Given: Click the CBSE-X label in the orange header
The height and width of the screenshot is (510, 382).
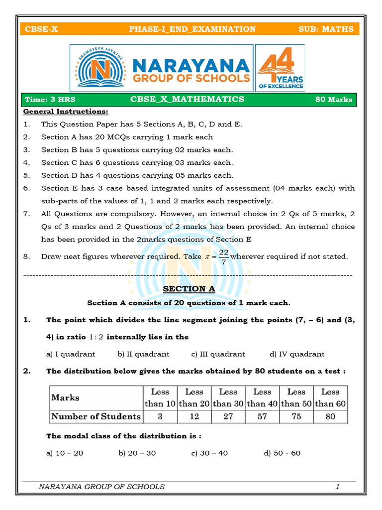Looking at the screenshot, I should [x=41, y=29].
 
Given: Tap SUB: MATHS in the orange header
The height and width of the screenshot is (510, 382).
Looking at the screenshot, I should [x=326, y=29].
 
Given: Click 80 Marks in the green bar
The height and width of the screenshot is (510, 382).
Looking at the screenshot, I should [x=334, y=99].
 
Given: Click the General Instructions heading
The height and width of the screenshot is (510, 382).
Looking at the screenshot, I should [x=66, y=112].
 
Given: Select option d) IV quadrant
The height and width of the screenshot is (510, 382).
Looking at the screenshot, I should [x=297, y=354].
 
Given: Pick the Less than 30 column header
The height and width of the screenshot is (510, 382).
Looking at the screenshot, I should [x=228, y=397].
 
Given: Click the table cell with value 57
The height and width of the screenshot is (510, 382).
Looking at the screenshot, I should [x=262, y=416].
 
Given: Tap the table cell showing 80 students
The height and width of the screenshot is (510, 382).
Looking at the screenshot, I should [x=330, y=416].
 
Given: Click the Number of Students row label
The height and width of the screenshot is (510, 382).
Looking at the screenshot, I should [x=96, y=416].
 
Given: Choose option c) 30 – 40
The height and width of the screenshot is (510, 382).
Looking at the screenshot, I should [x=209, y=453].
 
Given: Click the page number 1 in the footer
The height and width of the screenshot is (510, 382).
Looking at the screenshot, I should [x=337, y=487].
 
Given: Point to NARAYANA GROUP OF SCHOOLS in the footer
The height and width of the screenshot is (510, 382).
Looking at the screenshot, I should [x=101, y=487].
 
